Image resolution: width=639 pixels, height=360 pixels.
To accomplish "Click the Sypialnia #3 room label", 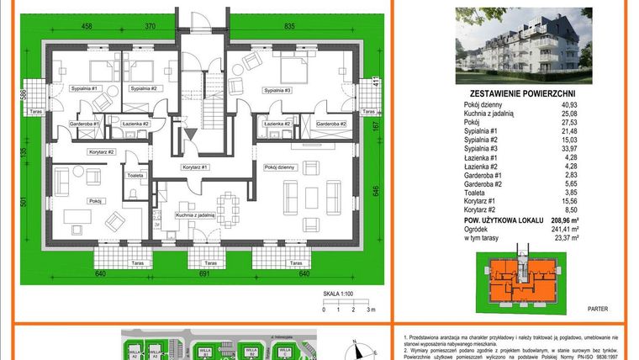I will point(277,90).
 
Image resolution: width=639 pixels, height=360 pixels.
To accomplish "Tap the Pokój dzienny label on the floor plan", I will point(280,167).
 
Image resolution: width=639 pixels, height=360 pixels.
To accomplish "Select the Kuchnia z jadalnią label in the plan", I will point(196,215).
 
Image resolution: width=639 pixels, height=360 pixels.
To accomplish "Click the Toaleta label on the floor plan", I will point(137,176).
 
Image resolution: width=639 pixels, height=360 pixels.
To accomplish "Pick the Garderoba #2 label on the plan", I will point(331,124).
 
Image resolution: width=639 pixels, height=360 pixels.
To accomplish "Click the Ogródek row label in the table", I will point(477,229).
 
